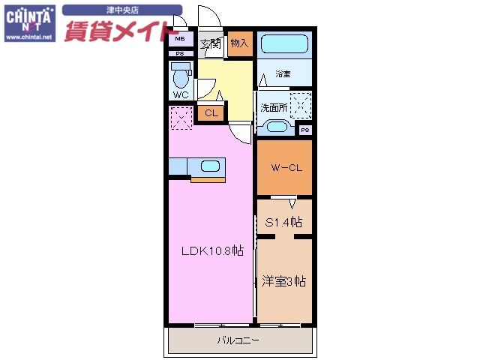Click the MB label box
point(181,40)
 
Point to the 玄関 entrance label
point(210,43)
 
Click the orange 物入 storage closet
point(239,44)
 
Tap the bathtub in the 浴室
point(284,45)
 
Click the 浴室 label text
point(282,73)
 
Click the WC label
point(181,95)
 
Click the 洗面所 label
point(274,107)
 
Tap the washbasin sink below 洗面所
point(274,127)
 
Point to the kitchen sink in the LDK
point(210,166)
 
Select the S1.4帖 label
point(284,222)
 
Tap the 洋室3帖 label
point(284,281)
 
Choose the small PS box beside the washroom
point(306,130)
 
